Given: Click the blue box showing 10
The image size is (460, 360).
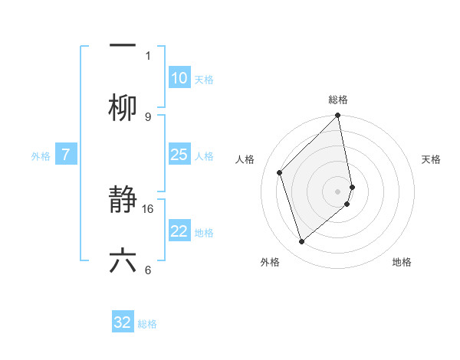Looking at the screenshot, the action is (179, 78).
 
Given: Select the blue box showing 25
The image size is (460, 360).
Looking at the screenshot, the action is (179, 155).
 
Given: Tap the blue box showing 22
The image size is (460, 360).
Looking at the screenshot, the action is (179, 231).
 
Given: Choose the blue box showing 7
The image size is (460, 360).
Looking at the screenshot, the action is (66, 155).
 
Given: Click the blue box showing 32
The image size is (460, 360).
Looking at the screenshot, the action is (123, 322).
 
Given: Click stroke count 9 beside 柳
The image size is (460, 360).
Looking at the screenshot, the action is (147, 116).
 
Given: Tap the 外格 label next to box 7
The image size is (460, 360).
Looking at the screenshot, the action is (41, 155).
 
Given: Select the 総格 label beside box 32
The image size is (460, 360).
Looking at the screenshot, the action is (147, 324).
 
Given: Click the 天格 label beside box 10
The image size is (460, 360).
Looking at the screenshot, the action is (204, 80).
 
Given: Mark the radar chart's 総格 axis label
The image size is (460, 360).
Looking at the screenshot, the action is (338, 100).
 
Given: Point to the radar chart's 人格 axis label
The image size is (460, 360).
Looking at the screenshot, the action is (245, 159).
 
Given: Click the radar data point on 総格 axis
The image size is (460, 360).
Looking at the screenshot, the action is (338, 116).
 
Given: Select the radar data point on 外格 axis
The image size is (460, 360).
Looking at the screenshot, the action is (301, 241).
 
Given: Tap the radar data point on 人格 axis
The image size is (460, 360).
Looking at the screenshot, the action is (280, 172).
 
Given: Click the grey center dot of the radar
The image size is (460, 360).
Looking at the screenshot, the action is (338, 191).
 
